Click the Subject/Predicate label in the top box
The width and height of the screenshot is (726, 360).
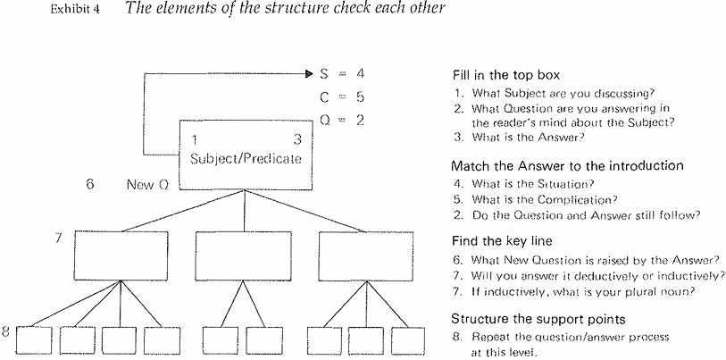[x=246, y=159]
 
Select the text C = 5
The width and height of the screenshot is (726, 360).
[x=342, y=96]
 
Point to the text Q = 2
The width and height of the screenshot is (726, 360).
[x=342, y=118]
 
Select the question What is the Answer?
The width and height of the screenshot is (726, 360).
[x=526, y=137]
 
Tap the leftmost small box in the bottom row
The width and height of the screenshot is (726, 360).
[x=34, y=340]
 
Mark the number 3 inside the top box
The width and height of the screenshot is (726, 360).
[x=296, y=140]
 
